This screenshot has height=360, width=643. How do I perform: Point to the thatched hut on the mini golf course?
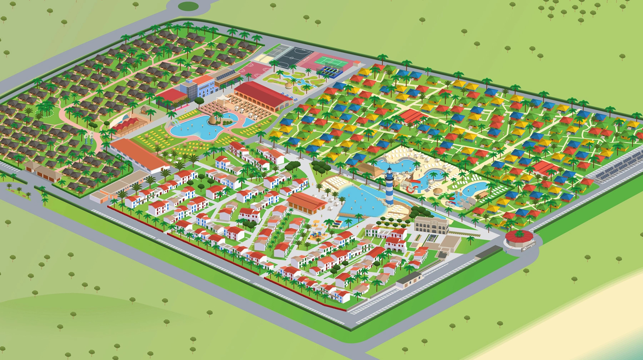[289, 86]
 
